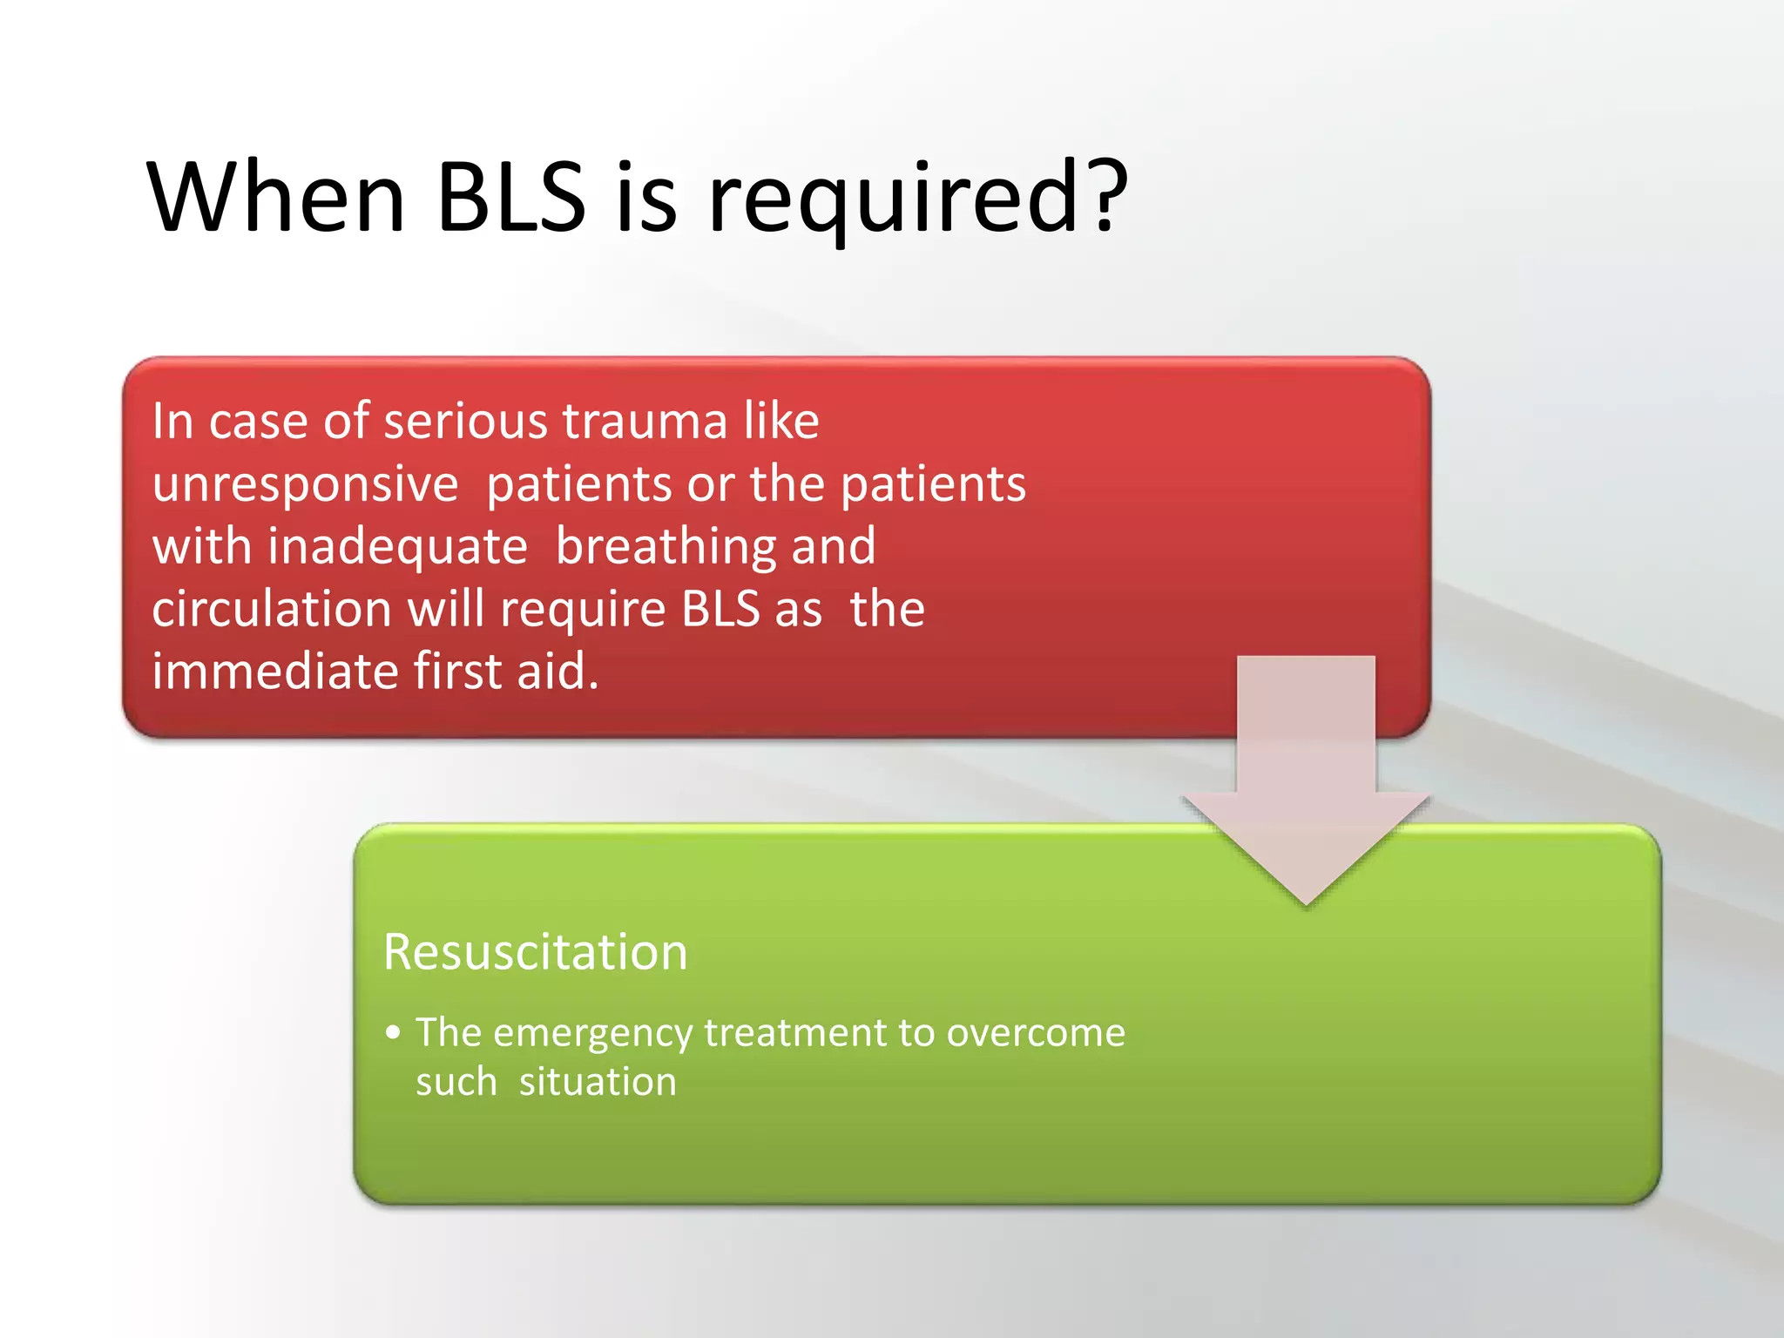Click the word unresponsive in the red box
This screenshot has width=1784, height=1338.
point(305,484)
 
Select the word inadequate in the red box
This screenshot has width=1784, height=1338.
point(397,547)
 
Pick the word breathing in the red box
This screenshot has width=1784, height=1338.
point(666,547)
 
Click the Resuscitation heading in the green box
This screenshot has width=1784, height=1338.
point(535,951)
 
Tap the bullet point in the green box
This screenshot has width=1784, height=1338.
point(394,1033)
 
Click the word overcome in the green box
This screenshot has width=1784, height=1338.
point(1036,1033)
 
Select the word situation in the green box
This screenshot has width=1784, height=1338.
point(598,1082)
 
